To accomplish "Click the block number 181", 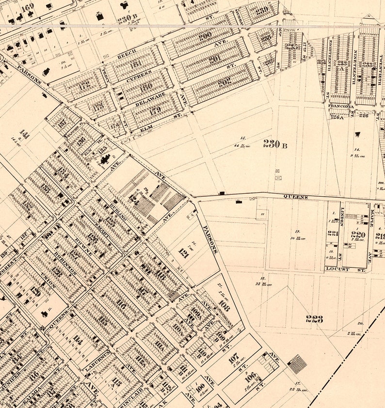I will [x=135, y=64].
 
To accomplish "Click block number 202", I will [x=224, y=82].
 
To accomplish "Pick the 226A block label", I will [x=337, y=116].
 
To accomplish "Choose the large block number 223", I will [x=314, y=318].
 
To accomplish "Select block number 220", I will [x=358, y=235].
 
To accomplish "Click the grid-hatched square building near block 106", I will [x=297, y=364].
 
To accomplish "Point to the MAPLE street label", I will [x=372, y=218].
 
